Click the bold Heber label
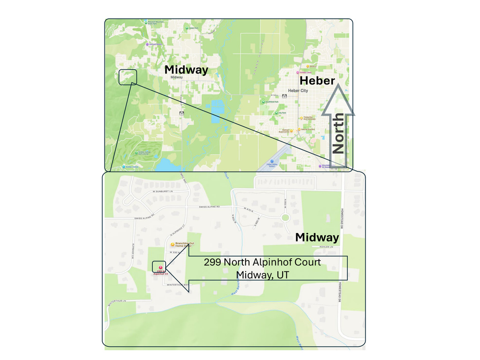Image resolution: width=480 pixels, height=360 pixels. pyautogui.click(x=317, y=80)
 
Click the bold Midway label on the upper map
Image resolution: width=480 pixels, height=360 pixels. pyautogui.click(x=186, y=70)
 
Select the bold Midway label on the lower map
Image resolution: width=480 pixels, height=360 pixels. pyautogui.click(x=317, y=237)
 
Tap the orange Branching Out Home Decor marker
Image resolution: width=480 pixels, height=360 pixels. pyautogui.click(x=172, y=244)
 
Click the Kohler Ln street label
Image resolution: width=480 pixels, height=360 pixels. pyautogui.click(x=326, y=247)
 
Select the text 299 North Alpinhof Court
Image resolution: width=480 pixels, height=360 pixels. pyautogui.click(x=262, y=262)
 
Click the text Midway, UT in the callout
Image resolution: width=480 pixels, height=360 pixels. pyautogui.click(x=262, y=275)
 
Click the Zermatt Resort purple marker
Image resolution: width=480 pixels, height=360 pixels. pyautogui.click(x=147, y=44)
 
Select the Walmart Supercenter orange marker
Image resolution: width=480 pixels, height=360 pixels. pyautogui.click(x=291, y=131)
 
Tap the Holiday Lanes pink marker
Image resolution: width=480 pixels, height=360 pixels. pyautogui.click(x=298, y=73)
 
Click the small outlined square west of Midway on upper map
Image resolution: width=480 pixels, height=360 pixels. pyautogui.click(x=127, y=77)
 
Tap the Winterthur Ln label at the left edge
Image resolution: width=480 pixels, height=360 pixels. pyautogui.click(x=118, y=302)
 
